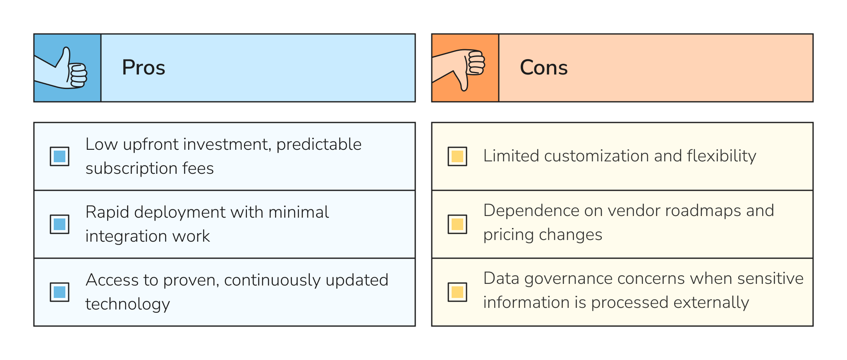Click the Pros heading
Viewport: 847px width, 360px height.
pos(144,67)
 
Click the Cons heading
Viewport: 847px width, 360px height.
pos(543,67)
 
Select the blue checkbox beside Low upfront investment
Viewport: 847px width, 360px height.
pos(60,156)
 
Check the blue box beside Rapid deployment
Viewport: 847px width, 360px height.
pos(60,224)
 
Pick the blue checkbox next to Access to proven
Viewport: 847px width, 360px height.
pos(60,292)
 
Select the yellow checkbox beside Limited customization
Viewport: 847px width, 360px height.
pos(457,156)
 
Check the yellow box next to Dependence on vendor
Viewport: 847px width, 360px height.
pos(457,224)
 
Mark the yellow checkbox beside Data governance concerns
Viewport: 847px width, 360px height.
pos(457,292)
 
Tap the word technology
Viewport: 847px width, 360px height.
pos(127,305)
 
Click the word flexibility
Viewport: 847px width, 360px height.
pos(721,156)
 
